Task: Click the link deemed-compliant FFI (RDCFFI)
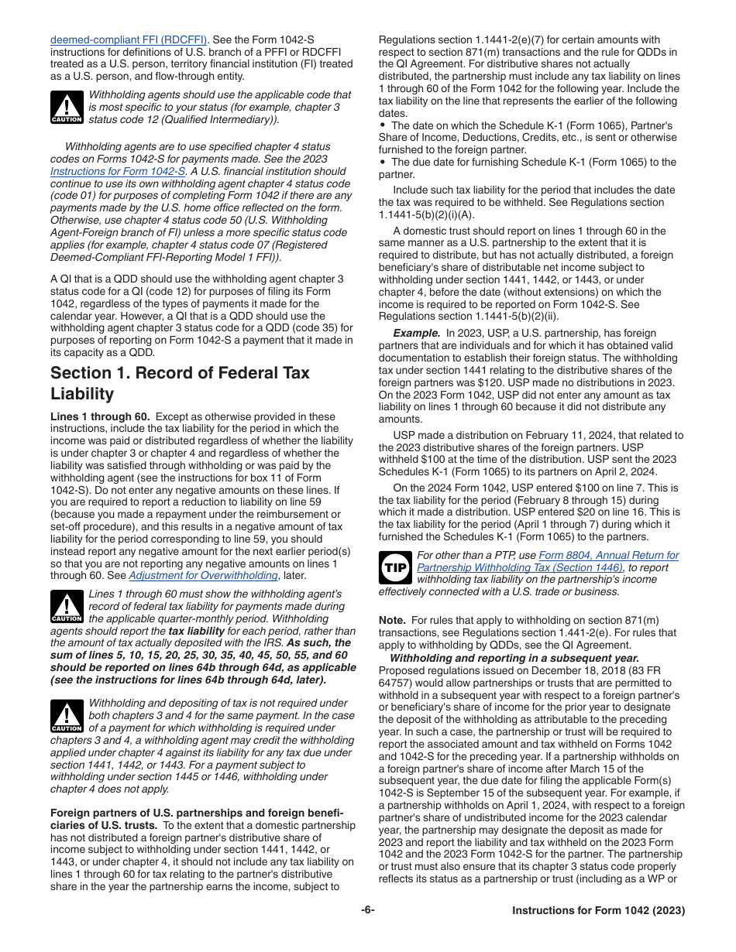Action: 129,39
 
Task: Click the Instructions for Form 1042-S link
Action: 118,171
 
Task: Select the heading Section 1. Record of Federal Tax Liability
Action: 180,383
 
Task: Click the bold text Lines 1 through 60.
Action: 100,416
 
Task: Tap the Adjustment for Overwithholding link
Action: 203,575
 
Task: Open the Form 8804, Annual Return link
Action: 608,555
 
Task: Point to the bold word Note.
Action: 392,621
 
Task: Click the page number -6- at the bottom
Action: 368,910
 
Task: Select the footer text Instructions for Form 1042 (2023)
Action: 598,911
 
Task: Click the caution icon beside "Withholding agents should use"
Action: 67,108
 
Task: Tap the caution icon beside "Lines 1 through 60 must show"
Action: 67,607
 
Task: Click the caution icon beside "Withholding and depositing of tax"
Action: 67,716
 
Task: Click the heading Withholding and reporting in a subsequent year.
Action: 513,658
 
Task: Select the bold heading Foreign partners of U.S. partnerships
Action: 197,813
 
